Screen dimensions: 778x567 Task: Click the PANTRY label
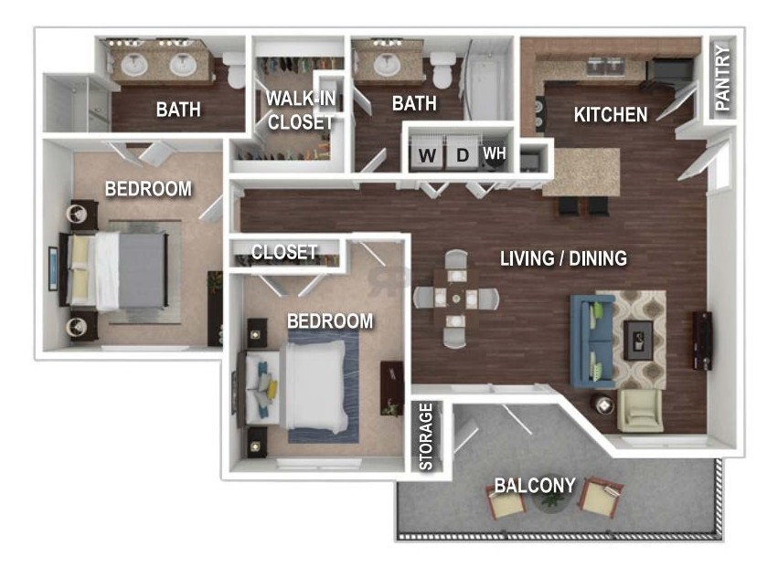click(723, 78)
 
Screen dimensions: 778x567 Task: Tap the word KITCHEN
click(611, 114)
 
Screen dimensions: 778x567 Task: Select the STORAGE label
click(426, 436)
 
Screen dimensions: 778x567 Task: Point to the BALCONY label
click(535, 485)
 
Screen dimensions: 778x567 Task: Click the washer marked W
click(427, 153)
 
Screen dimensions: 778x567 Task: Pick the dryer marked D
click(463, 153)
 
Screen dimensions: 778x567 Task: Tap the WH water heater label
click(495, 153)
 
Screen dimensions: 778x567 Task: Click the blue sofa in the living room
click(591, 341)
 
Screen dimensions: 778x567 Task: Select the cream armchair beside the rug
click(640, 410)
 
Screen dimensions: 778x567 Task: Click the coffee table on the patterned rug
click(638, 340)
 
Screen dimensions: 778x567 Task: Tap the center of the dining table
click(456, 299)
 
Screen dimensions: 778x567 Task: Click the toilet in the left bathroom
click(234, 70)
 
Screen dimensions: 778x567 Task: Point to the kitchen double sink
click(604, 66)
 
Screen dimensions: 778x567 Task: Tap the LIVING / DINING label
click(563, 258)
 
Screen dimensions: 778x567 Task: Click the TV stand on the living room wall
click(702, 341)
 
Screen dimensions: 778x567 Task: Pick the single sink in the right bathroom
click(386, 65)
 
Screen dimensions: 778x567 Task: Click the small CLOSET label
click(283, 252)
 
